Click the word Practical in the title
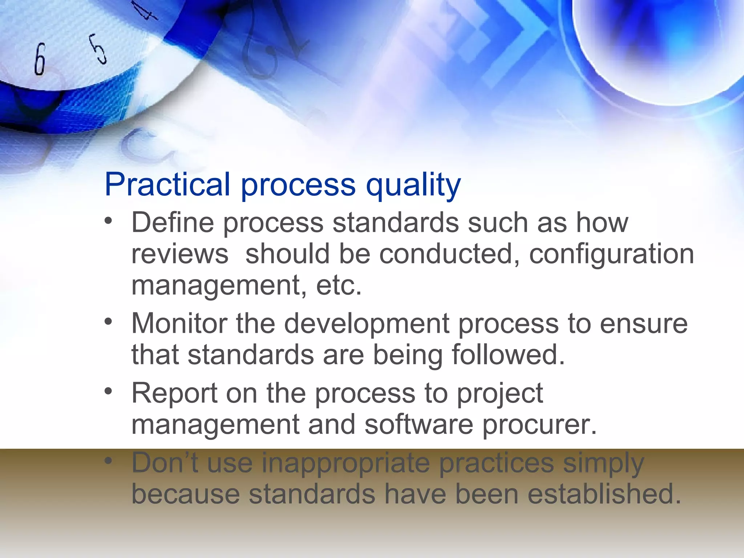coord(167,184)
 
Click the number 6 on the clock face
coord(40,59)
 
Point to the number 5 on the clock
coord(99,49)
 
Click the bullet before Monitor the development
coord(108,322)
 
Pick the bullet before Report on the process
coord(108,391)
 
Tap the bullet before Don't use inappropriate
coord(108,461)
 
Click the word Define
coord(173,222)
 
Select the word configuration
coord(611,254)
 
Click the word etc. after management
coord(339,285)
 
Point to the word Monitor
coord(179,323)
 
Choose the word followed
coord(508,355)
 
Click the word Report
coord(174,393)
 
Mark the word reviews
coord(180,254)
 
